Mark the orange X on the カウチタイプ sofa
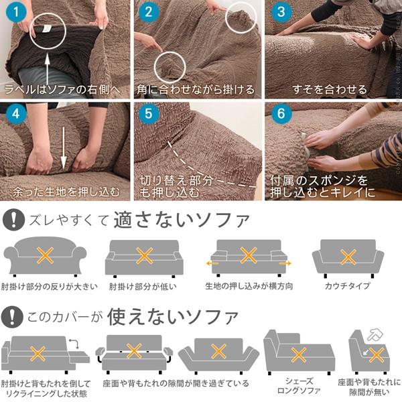click(x=348, y=257)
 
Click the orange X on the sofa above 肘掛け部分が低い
click(x=145, y=256)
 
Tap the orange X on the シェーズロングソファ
click(x=299, y=354)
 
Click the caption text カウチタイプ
click(x=348, y=287)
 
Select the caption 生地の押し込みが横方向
click(x=248, y=287)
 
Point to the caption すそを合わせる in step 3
click(x=330, y=89)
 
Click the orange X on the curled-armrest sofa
click(x=46, y=255)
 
